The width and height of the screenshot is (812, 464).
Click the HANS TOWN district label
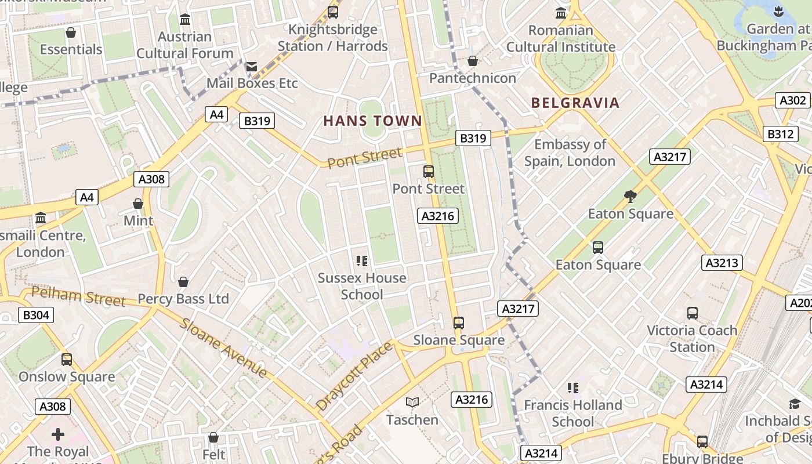point(372,121)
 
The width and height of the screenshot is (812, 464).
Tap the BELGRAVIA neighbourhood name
point(575,103)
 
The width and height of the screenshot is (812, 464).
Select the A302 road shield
point(792,100)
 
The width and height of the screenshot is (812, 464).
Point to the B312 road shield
point(780,134)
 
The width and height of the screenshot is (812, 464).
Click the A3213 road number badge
point(722,263)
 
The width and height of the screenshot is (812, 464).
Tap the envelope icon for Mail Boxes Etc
point(251,67)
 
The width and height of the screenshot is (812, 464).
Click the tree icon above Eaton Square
point(630,197)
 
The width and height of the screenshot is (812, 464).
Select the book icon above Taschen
point(412,402)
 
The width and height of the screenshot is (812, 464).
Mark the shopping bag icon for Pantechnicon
point(473,61)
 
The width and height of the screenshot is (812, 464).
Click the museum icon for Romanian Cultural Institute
point(561,13)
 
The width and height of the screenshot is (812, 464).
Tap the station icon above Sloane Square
point(459,322)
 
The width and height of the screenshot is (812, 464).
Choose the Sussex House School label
point(362,286)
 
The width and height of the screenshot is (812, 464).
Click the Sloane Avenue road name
point(223,347)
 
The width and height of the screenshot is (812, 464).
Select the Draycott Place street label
point(354,376)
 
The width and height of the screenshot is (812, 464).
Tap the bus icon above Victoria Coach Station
point(692,313)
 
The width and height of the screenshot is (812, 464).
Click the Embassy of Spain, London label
point(570,153)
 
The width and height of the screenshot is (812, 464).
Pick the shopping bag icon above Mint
point(138,204)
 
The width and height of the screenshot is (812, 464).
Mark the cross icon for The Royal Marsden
point(58,434)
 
